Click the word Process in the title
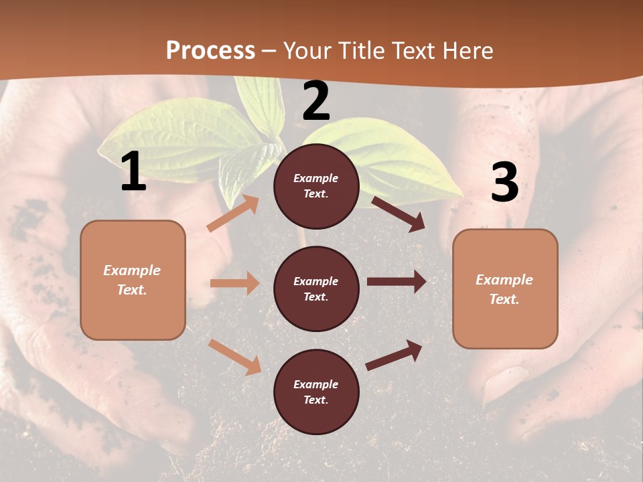coord(210,51)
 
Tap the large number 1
coord(133,172)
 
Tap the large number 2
coord(316,101)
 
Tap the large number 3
coord(504,182)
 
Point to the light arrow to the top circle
coord(233,213)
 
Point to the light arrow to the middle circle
coord(234,283)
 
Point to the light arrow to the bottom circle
coord(235,357)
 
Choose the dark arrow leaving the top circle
coord(399,213)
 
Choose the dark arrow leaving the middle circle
coord(396,282)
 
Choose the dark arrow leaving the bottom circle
coord(394,355)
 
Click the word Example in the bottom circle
coord(315,384)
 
